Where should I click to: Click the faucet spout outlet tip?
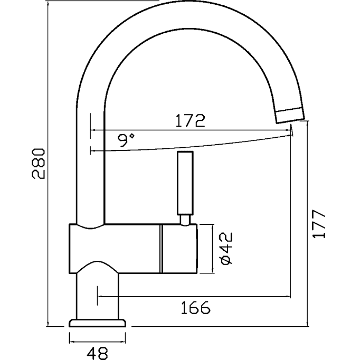(x=290, y=113)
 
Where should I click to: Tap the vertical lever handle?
(x=185, y=182)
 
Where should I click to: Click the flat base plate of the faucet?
(x=98, y=323)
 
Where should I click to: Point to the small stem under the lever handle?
(x=185, y=219)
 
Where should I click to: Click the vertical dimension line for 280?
(x=48, y=164)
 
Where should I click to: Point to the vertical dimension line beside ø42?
(x=212, y=249)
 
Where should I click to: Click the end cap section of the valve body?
(x=179, y=249)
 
